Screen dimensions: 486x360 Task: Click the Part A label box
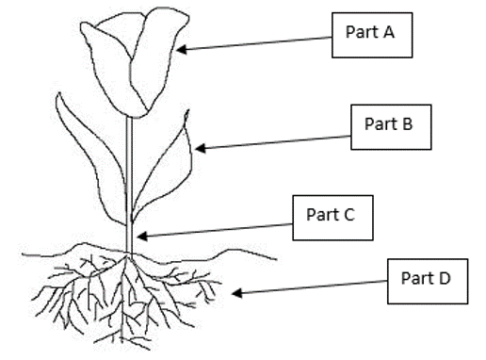click(x=372, y=35)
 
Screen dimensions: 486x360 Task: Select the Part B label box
click(x=391, y=127)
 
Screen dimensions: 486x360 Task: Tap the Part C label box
click(x=332, y=218)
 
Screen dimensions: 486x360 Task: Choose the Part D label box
click(x=428, y=282)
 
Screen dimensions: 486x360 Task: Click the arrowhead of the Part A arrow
click(x=182, y=49)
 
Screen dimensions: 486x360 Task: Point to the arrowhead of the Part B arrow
click(x=201, y=148)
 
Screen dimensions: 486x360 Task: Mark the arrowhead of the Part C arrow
click(x=142, y=236)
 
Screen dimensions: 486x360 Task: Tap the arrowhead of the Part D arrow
click(x=237, y=293)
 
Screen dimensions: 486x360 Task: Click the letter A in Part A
click(x=388, y=32)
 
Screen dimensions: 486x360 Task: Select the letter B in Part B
click(x=407, y=123)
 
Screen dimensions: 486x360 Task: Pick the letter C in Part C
click(x=348, y=215)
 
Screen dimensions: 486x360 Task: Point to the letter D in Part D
click(x=445, y=278)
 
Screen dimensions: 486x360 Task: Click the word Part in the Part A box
click(x=362, y=32)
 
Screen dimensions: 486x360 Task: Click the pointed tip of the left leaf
click(x=58, y=93)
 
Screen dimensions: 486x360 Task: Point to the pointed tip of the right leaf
click(x=187, y=110)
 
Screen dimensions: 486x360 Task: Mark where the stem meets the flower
click(x=129, y=118)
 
